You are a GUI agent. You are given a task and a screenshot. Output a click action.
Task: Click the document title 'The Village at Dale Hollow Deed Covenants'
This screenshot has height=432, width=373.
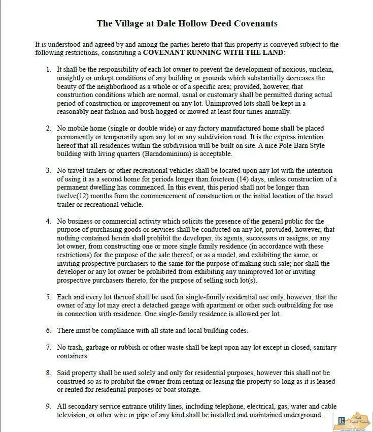coord(187,23)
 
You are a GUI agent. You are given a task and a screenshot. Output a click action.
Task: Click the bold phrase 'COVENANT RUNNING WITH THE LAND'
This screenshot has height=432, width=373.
coord(213,52)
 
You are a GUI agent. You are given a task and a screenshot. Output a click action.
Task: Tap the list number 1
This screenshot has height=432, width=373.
coord(48,69)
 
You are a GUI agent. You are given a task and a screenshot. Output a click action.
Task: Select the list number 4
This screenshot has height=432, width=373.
coord(48,221)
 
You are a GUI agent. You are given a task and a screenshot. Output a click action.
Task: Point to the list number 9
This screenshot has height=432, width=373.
coord(48,407)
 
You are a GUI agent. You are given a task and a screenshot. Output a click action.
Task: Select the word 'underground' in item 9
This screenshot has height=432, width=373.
coord(303,415)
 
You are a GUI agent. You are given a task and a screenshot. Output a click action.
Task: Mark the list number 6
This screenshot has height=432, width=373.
coord(48,330)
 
